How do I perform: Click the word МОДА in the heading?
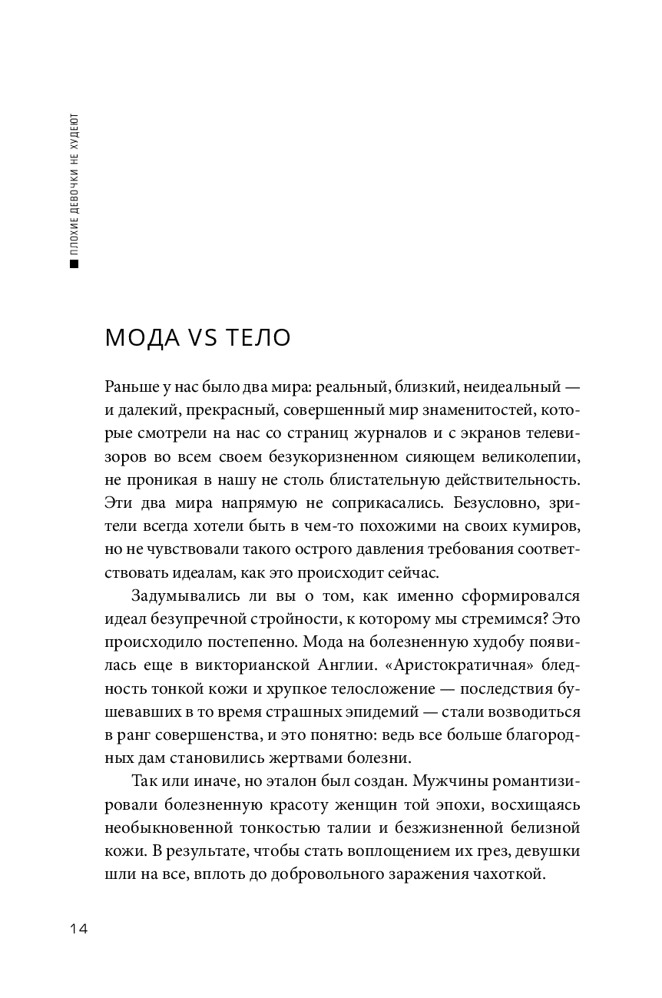click(141, 338)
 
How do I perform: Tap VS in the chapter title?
click(201, 338)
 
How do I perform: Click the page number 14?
click(79, 929)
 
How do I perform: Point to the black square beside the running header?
click(74, 265)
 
